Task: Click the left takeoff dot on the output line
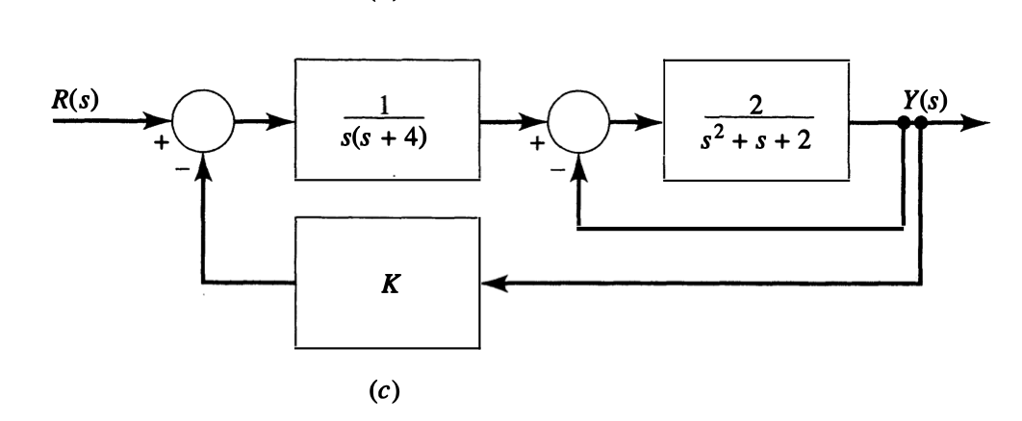click(904, 124)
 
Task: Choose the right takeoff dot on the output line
click(921, 124)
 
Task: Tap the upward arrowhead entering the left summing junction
click(203, 164)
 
